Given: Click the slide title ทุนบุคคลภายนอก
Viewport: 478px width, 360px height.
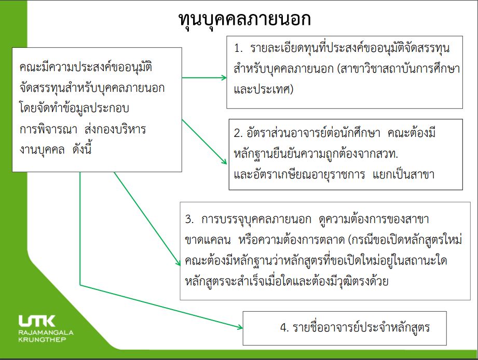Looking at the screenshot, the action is point(245,20).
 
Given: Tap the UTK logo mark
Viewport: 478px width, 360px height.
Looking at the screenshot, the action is point(37,321).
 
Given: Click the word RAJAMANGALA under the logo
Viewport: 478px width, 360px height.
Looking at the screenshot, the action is point(46,333).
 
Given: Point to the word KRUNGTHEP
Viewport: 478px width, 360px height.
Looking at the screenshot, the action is point(42,339).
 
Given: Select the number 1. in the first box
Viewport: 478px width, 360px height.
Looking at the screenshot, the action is point(238,48).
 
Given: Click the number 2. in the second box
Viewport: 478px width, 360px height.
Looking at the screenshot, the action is point(238,133).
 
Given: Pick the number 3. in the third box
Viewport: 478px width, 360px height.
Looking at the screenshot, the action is point(189,219).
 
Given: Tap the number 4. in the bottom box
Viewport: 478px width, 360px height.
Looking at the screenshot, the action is point(284,328).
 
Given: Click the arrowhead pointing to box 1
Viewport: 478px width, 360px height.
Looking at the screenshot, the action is point(224,78).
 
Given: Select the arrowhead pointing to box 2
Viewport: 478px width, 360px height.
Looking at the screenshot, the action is point(224,161).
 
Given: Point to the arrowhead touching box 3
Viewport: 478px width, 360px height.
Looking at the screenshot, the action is point(178,262).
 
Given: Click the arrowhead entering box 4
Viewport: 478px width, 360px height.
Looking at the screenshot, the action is point(240,327).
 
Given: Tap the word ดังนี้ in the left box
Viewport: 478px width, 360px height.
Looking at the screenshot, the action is point(81,149).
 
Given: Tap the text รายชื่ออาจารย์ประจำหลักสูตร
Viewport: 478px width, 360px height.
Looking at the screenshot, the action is point(361,328).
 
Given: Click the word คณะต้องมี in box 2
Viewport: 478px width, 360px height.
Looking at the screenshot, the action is point(412,133).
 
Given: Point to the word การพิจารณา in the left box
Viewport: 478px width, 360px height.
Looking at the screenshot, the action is point(48,129).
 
